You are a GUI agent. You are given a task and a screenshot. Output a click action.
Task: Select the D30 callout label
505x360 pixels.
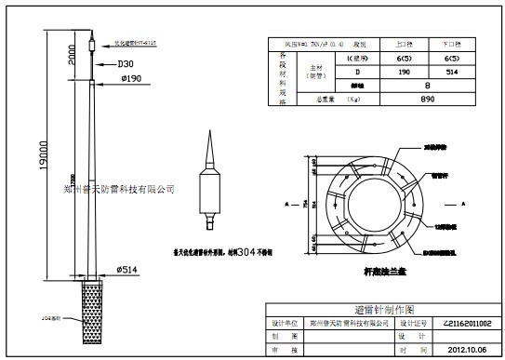coord(123,64)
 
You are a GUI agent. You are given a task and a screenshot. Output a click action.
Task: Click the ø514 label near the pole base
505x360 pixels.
coord(128,269)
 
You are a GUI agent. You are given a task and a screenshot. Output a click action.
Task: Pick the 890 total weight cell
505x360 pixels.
coord(427,98)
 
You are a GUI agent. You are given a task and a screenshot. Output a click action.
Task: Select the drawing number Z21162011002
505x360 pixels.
coord(456,322)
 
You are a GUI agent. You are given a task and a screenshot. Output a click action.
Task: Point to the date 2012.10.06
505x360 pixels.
coord(456,351)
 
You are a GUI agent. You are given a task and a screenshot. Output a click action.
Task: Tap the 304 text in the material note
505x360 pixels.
coord(245,252)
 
